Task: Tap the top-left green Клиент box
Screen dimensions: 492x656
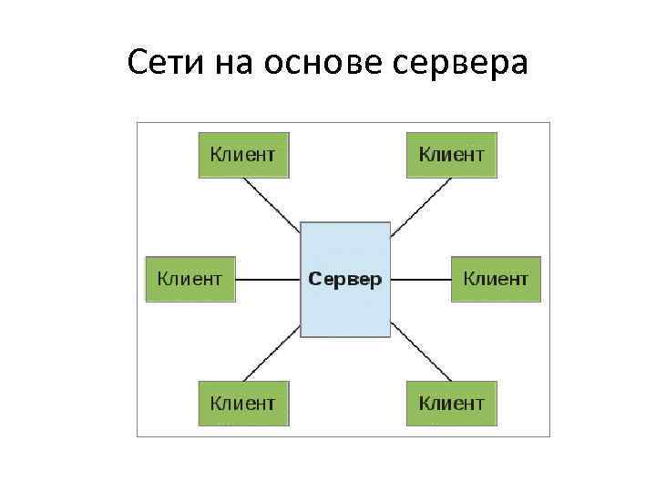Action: point(243,154)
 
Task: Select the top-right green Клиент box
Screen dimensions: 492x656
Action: point(451,154)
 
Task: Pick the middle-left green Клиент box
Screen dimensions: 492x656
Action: point(190,279)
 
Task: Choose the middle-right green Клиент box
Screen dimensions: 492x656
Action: point(496,279)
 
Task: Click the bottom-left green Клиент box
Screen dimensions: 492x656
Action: point(243,403)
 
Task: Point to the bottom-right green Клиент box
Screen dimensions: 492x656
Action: point(451,403)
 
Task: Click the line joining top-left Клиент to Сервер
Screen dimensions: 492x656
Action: point(272,200)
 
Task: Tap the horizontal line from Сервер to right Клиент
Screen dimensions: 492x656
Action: point(421,279)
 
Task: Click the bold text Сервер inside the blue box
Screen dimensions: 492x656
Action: point(345,279)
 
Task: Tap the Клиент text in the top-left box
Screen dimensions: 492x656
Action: point(242,154)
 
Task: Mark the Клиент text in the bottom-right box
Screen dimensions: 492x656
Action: point(451,403)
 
